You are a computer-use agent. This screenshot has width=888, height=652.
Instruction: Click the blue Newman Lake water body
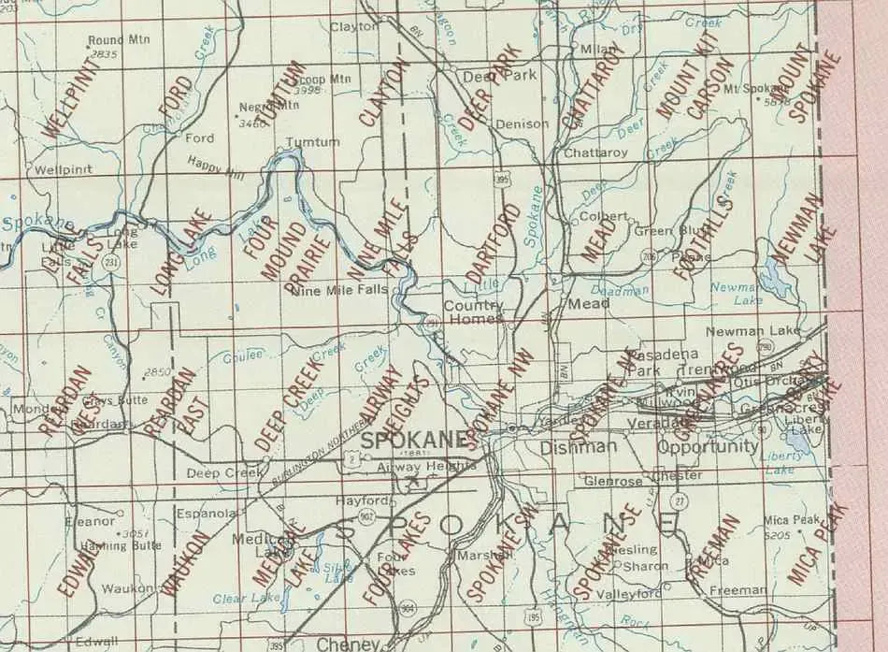pyautogui.click(x=773, y=276)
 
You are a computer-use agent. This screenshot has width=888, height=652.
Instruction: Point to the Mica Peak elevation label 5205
pyautogui.click(x=777, y=535)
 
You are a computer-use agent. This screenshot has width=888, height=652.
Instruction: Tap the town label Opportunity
pyautogui.click(x=708, y=447)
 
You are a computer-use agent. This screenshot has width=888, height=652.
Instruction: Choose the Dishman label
pyautogui.click(x=579, y=447)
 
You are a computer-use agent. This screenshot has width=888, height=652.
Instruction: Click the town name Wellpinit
pyautogui.click(x=63, y=170)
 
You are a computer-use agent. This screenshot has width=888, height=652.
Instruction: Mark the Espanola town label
pyautogui.click(x=208, y=513)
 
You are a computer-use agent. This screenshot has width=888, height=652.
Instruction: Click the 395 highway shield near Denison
pyautogui.click(x=503, y=178)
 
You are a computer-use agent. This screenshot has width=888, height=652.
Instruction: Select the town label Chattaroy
pyautogui.click(x=595, y=152)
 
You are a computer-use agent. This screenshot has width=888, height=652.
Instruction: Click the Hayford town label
pyautogui.click(x=361, y=500)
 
